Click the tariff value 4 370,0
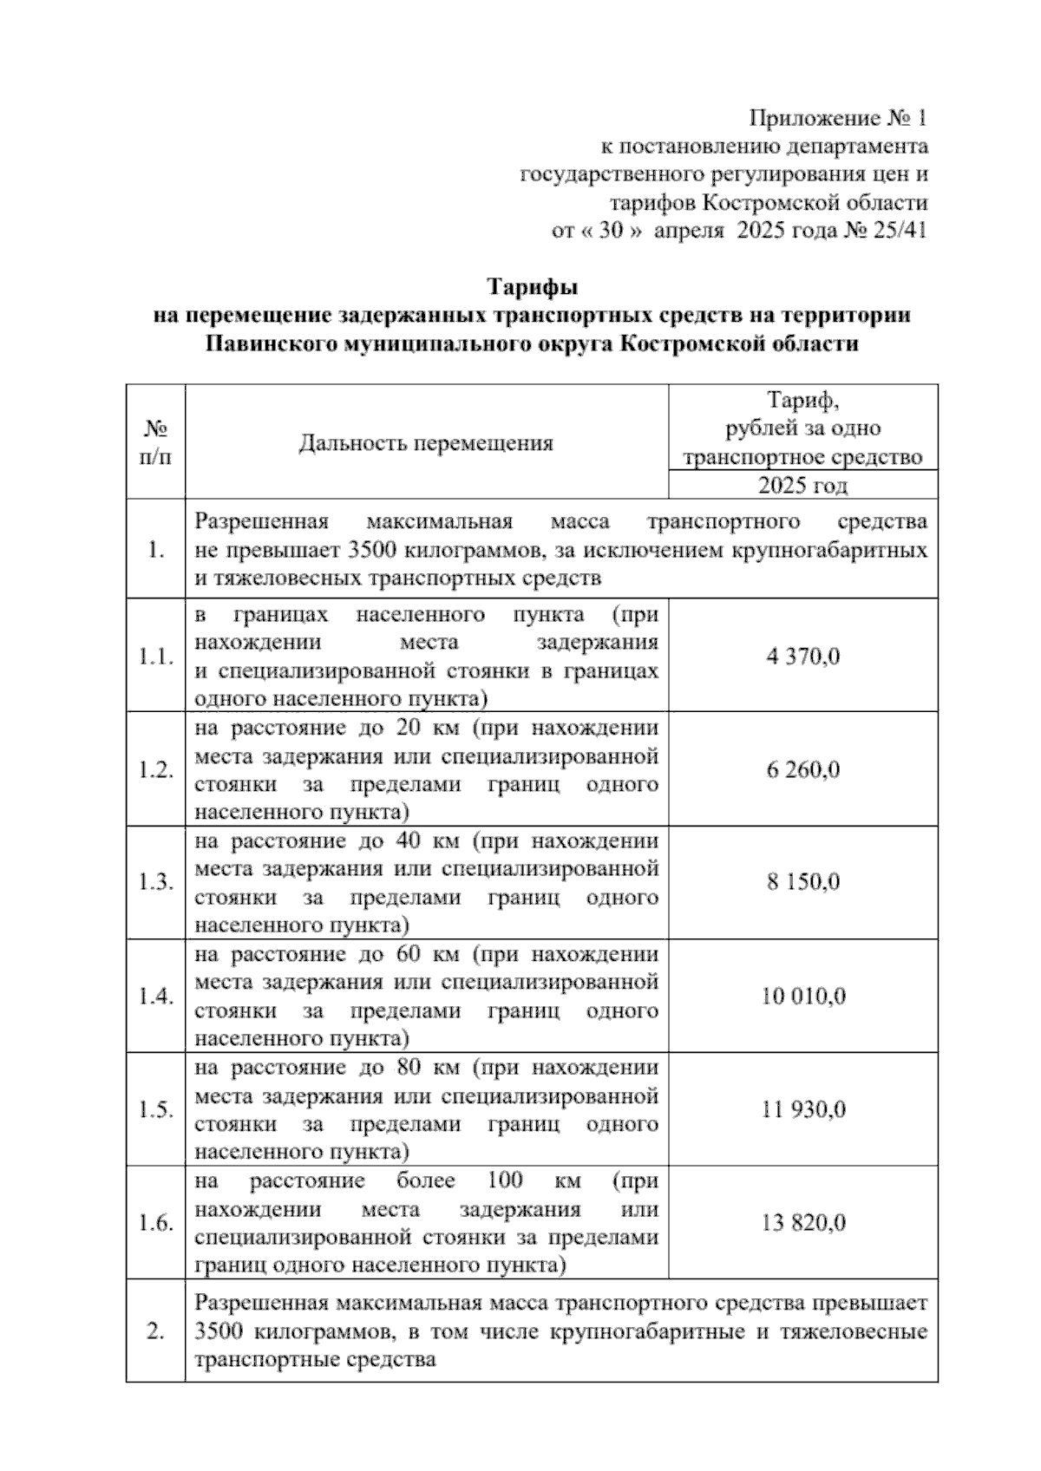coord(802,657)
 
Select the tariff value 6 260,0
coord(802,770)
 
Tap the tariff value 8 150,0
coord(802,883)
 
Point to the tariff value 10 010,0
coord(802,997)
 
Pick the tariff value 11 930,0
coord(802,1110)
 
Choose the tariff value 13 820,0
coord(802,1224)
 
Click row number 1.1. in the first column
coord(155,657)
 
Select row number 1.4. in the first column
coord(155,997)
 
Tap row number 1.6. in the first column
coord(155,1224)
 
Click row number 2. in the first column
coord(155,1331)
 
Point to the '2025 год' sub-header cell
coord(802,486)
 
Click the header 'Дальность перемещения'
coord(426,444)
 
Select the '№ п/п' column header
coord(155,442)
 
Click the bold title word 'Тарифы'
coord(532,286)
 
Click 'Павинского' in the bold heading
coord(271,344)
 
